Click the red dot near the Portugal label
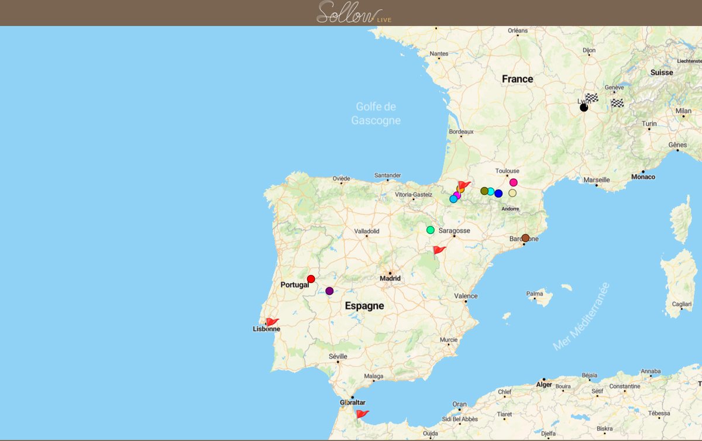(x=311, y=279)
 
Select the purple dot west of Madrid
(x=329, y=291)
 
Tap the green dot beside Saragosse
(x=431, y=230)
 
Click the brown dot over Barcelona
(x=525, y=238)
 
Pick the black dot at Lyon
(x=583, y=108)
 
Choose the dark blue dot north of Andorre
(x=498, y=193)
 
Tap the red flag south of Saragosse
(x=439, y=250)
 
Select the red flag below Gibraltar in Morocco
(x=362, y=414)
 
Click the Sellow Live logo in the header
(x=354, y=13)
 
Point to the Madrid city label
(x=390, y=278)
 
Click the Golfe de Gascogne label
(x=376, y=113)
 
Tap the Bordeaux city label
(x=461, y=132)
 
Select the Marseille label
(x=596, y=180)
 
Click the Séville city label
(x=338, y=356)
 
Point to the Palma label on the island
(x=535, y=294)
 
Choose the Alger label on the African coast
(x=544, y=384)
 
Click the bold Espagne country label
(x=364, y=305)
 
